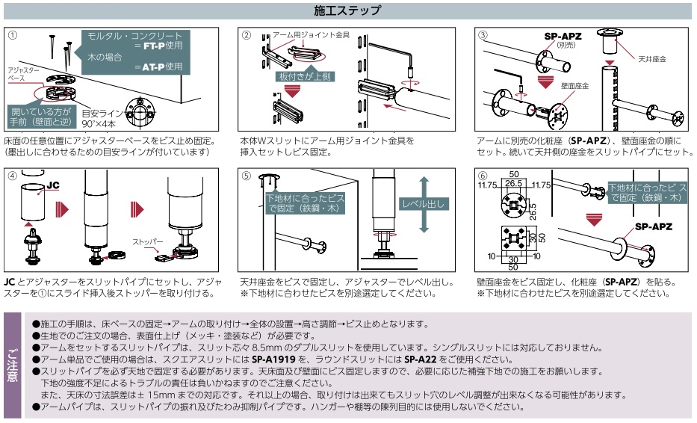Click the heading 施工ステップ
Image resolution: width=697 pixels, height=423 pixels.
point(349,11)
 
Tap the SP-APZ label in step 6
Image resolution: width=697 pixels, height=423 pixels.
point(652,227)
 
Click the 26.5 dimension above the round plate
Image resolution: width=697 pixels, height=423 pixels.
point(513,182)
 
